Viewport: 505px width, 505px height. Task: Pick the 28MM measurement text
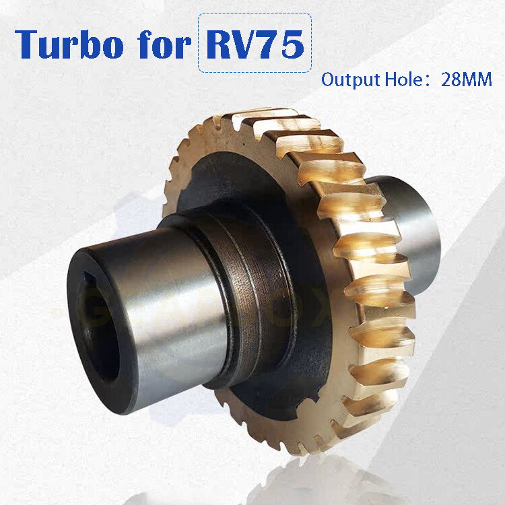(467, 80)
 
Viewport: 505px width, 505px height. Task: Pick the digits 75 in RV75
(281, 43)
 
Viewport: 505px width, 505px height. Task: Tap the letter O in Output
(328, 80)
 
